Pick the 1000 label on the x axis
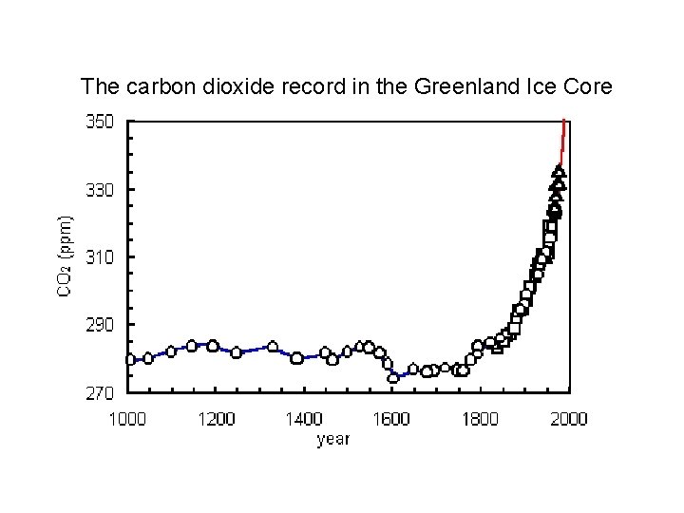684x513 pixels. click(x=127, y=419)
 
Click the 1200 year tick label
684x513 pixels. click(x=215, y=419)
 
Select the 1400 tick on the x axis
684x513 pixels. click(x=304, y=419)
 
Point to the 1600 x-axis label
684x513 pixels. click(x=392, y=419)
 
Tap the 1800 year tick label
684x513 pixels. click(x=481, y=419)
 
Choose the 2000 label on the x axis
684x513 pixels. click(x=568, y=419)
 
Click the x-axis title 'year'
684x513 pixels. click(x=333, y=439)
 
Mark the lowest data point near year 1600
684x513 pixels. click(x=393, y=377)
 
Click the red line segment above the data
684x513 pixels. click(x=563, y=142)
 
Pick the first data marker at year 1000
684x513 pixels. click(x=130, y=359)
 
